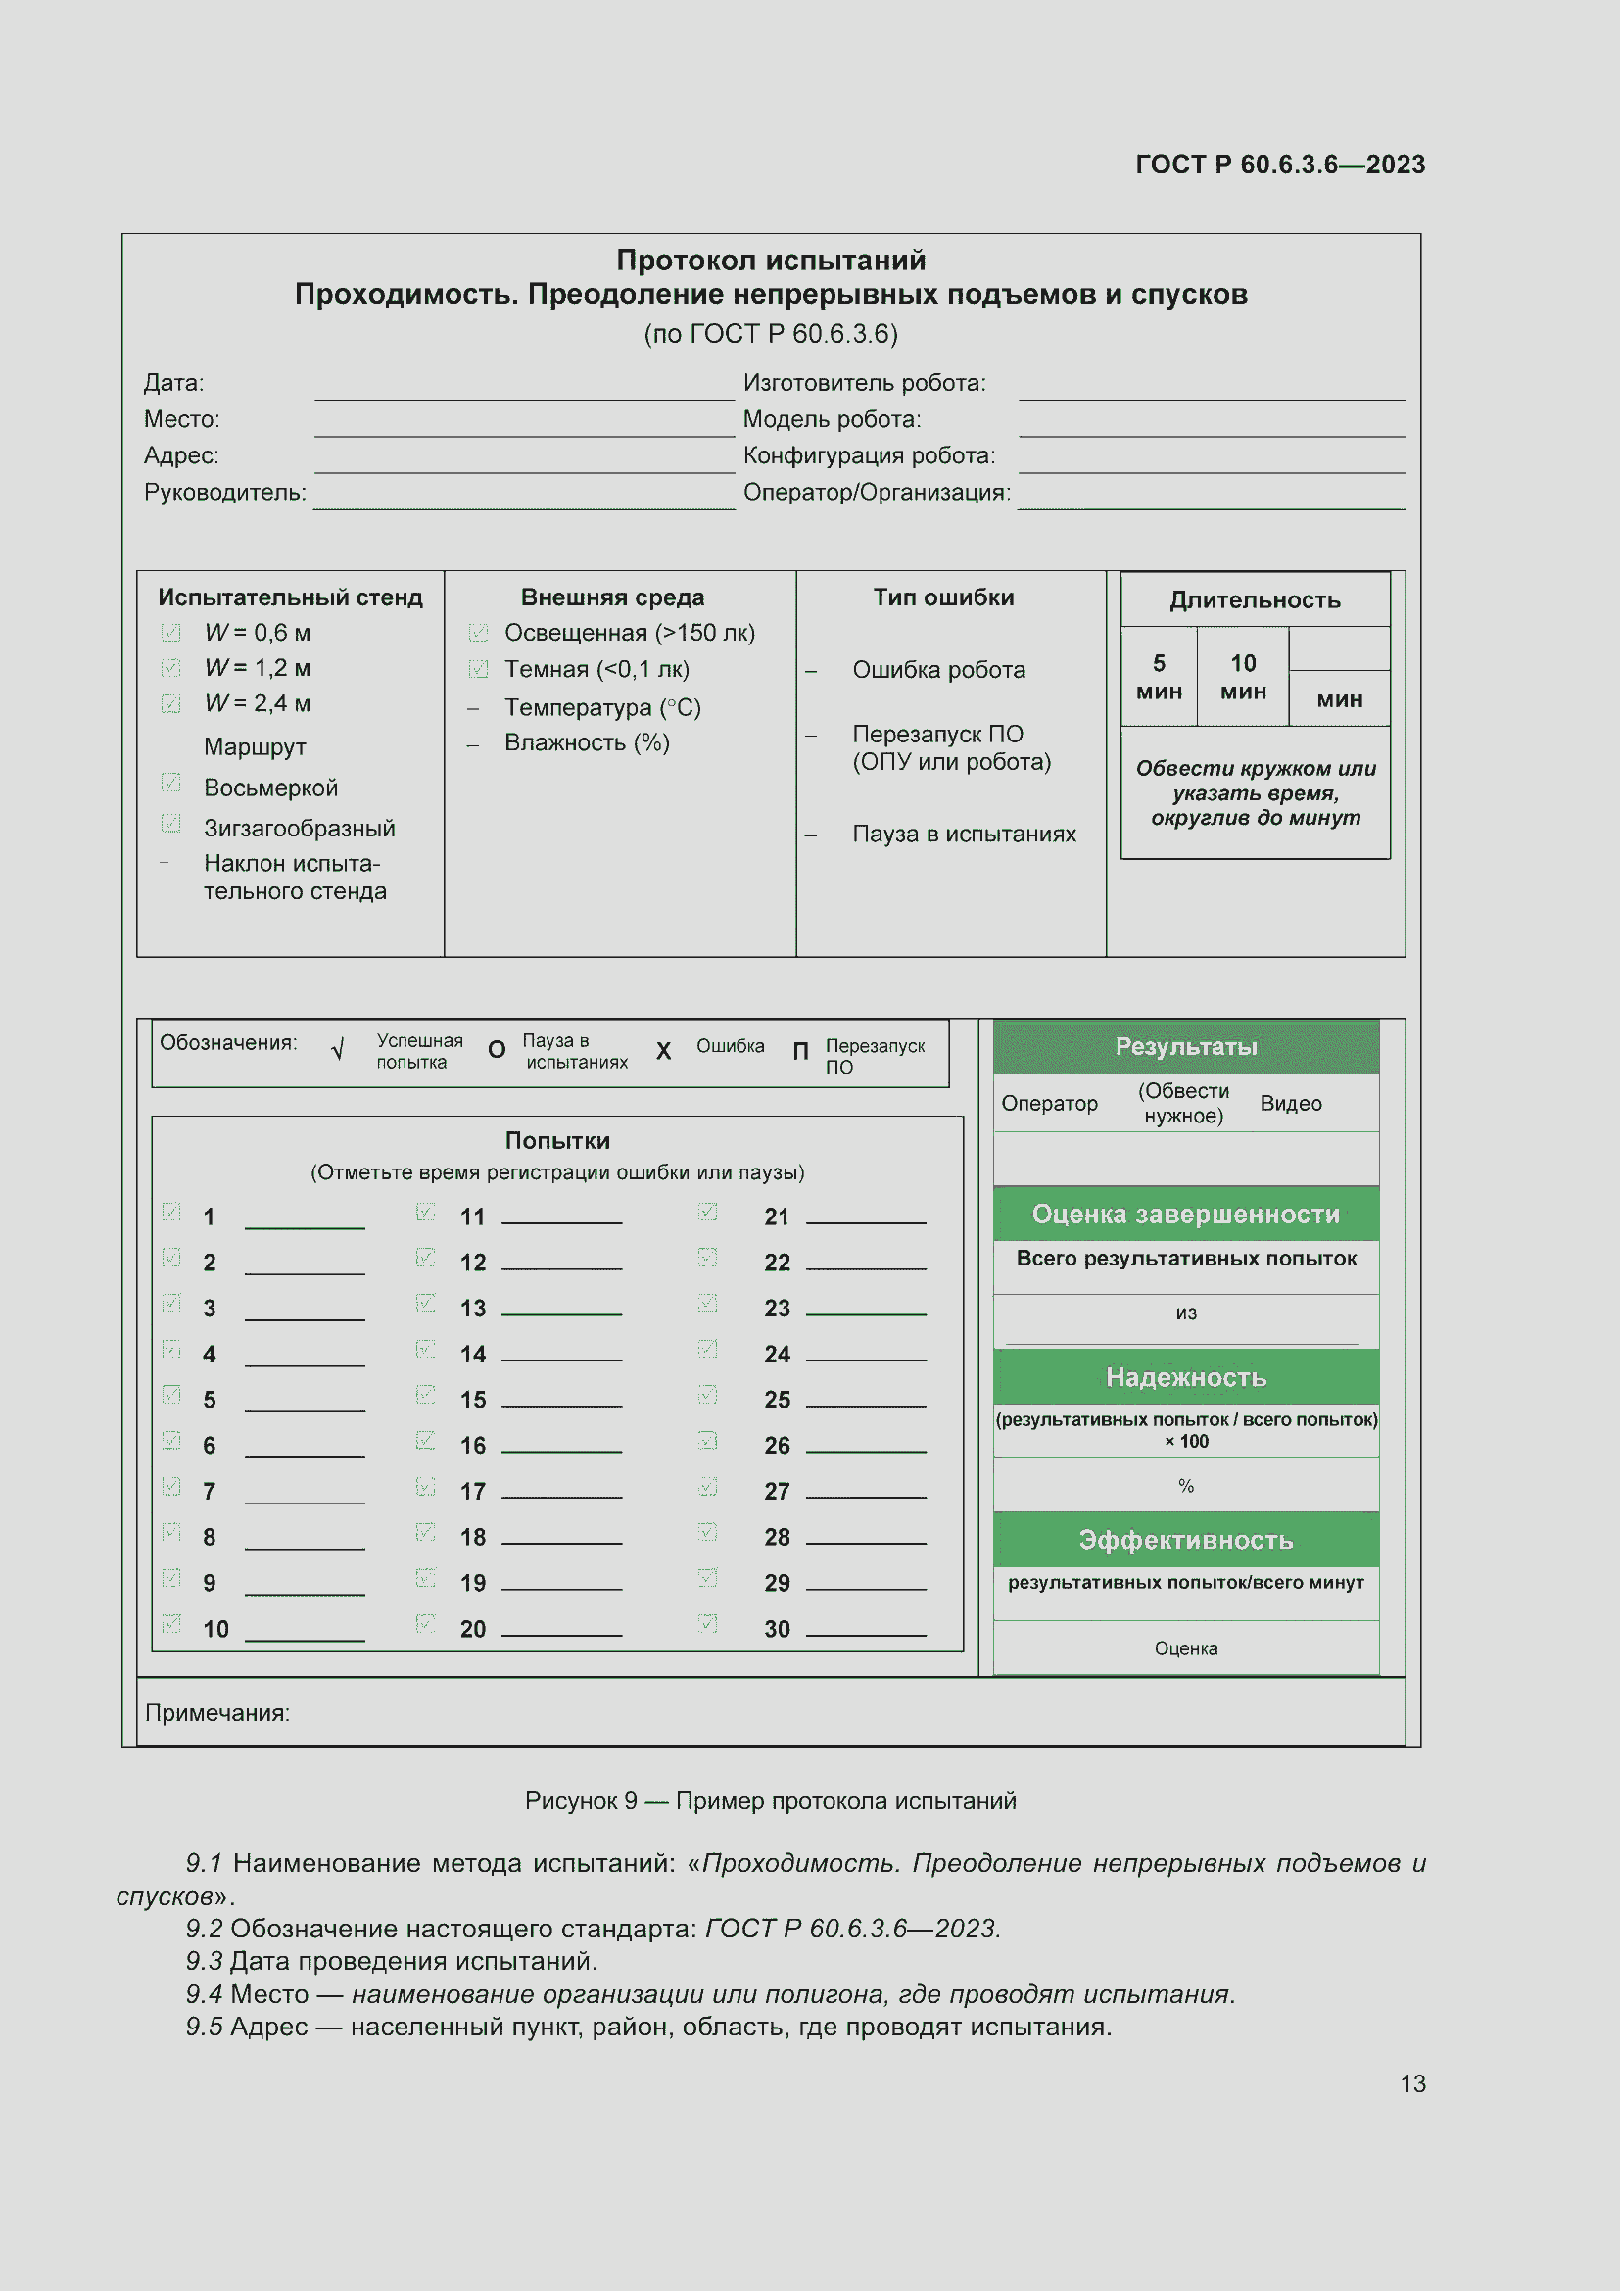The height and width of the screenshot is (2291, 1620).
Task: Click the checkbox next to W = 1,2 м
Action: pos(170,668)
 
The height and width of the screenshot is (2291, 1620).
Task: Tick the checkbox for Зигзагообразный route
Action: pos(170,824)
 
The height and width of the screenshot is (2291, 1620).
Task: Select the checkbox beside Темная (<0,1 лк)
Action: pos(479,669)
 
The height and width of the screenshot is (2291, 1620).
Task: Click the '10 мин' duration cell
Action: pos(1242,677)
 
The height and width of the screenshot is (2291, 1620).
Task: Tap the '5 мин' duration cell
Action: pos(1158,677)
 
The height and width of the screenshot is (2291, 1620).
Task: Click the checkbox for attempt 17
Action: pos(425,1488)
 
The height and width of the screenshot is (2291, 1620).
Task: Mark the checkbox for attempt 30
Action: pos(707,1624)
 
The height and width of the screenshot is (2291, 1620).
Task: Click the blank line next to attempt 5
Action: pos(305,1404)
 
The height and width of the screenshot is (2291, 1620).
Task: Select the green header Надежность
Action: pos(1185,1377)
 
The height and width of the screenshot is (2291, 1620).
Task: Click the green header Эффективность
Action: pos(1185,1540)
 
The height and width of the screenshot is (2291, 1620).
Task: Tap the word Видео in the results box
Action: pos(1290,1104)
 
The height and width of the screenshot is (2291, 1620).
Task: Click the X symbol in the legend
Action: pos(663,1051)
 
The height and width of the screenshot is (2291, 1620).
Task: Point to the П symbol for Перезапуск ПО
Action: pos(800,1052)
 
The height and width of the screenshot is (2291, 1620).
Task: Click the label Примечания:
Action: pos(217,1713)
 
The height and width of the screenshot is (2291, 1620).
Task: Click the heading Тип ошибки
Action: pos(942,597)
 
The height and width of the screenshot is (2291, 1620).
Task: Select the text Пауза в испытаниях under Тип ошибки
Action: pos(964,835)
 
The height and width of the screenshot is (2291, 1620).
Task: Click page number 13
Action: pos(1412,2083)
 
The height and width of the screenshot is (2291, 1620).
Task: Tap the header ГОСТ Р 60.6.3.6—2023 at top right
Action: pos(1280,165)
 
